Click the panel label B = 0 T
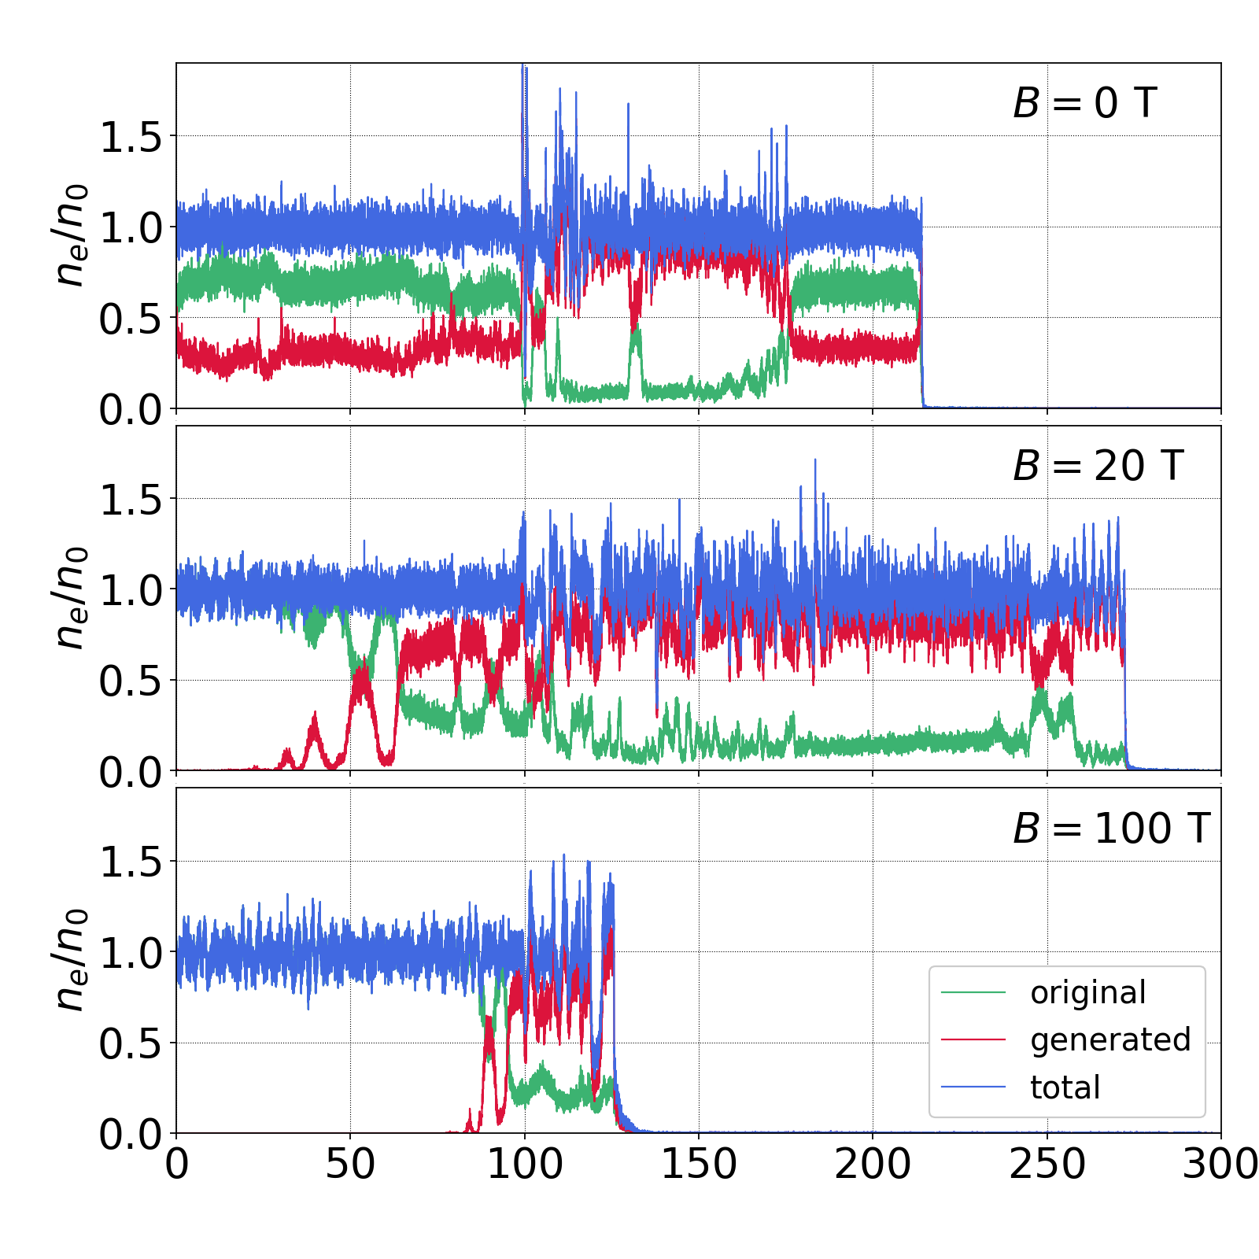tap(1084, 103)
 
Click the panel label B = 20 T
tap(1098, 466)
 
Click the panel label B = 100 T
tap(1110, 829)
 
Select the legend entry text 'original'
tap(1088, 993)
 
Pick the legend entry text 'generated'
tap(1110, 1040)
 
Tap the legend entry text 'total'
tap(1065, 1087)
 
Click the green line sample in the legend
tap(973, 993)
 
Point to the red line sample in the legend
tap(973, 1040)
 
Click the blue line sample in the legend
tap(973, 1087)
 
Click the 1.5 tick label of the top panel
tap(131, 138)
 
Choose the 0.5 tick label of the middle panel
tap(131, 681)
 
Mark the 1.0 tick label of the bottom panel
tap(131, 954)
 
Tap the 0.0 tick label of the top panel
tap(131, 410)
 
